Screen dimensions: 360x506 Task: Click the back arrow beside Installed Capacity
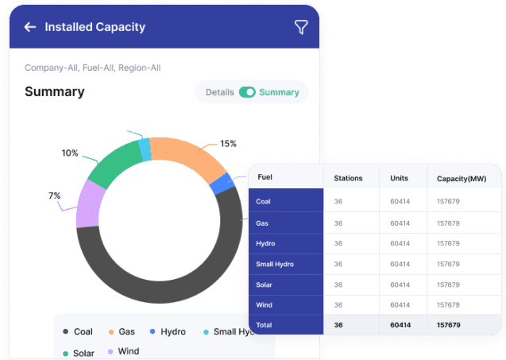30,27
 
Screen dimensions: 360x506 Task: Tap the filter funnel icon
301,27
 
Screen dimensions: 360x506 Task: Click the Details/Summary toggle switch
248,92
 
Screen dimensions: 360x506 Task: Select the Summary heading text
55,92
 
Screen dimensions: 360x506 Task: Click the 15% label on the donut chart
228,144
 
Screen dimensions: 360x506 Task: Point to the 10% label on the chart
70,153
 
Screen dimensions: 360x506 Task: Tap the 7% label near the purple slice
54,195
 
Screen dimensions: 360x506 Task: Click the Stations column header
349,179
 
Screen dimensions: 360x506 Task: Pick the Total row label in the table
264,325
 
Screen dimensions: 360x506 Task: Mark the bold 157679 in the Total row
449,325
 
